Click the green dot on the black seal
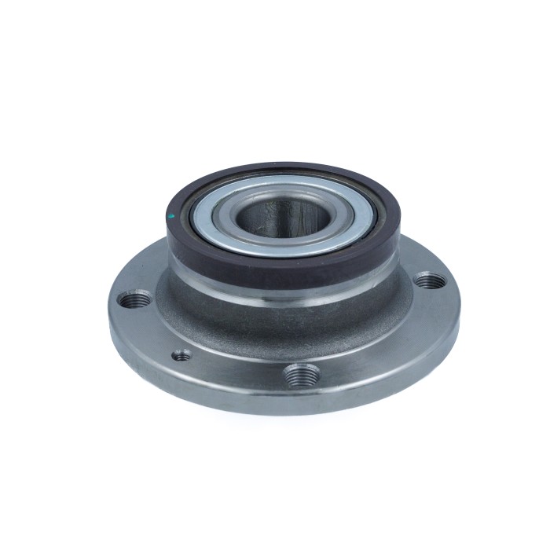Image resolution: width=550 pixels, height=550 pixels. (172, 214)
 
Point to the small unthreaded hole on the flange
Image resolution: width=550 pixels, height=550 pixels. (182, 355)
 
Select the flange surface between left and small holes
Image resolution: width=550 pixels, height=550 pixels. (153, 330)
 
